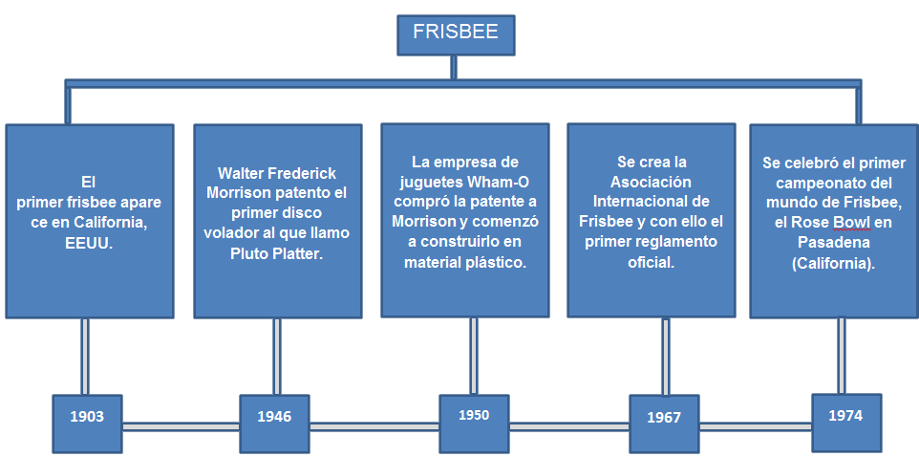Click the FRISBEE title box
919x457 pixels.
(455, 33)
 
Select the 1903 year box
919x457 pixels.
(87, 417)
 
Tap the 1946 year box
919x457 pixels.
(274, 417)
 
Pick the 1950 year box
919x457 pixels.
(473, 415)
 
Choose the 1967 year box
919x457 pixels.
(663, 418)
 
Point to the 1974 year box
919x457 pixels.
(845, 416)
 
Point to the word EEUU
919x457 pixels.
(88, 244)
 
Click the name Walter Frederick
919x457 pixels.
(277, 173)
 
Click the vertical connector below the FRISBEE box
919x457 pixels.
(455, 68)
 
